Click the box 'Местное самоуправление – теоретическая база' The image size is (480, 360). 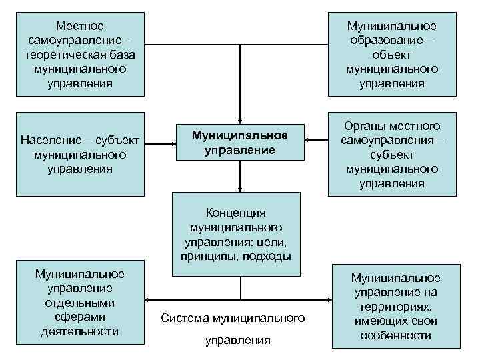[80, 54]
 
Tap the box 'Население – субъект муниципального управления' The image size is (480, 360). [80, 155]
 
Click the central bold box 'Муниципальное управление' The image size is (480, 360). [239, 141]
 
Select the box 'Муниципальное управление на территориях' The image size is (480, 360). [396, 306]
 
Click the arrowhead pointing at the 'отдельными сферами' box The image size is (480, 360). [149, 299]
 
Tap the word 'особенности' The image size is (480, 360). [396, 335]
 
